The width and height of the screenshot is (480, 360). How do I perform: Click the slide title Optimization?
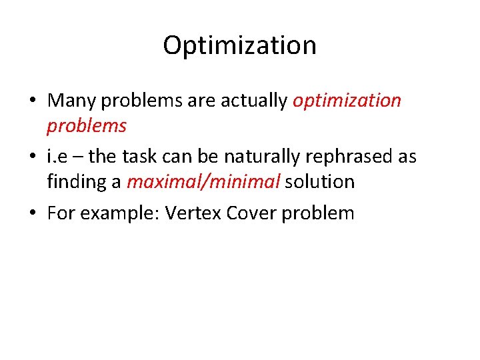239,46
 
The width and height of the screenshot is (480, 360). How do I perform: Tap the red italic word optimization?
347,101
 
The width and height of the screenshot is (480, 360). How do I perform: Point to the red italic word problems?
86,125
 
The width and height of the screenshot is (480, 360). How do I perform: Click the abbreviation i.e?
57,157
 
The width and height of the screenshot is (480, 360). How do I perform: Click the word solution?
319,181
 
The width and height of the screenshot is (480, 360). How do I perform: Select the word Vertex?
193,213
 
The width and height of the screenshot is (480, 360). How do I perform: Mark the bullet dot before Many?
33,101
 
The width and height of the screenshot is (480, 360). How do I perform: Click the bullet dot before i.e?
33,157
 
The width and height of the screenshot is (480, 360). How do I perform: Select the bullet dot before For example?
33,213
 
